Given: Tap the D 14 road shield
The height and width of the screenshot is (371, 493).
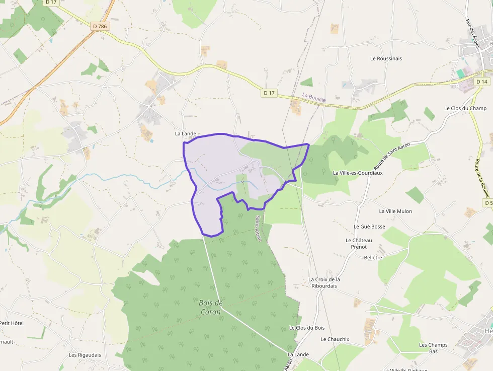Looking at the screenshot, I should [482, 82].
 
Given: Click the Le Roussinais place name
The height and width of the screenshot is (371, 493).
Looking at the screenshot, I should [386, 58].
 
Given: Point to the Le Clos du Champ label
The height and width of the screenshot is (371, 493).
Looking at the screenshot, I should [465, 108].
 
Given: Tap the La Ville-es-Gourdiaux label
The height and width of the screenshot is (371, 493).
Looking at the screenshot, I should [358, 173].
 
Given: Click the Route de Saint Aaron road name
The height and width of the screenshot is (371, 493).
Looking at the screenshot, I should [392, 156].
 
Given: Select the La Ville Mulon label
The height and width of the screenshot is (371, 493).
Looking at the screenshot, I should [395, 211].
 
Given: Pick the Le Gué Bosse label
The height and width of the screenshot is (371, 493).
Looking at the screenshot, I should [369, 227].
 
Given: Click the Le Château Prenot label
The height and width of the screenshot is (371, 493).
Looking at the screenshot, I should [359, 244].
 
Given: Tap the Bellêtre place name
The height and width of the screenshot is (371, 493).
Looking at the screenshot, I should [373, 258].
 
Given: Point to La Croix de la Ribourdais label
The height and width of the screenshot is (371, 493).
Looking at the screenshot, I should [324, 282].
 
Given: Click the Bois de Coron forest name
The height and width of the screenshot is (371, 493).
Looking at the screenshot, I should [211, 307].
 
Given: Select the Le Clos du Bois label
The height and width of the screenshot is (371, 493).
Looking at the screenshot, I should [307, 328].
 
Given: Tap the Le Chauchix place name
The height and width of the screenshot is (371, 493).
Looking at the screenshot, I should [335, 339].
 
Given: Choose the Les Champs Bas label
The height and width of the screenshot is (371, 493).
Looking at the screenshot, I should [433, 348].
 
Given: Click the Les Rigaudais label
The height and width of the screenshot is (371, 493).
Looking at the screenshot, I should [85, 355].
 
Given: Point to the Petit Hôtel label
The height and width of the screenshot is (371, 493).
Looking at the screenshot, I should [11, 323].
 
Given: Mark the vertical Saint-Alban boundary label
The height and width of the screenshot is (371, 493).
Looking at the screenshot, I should [258, 228].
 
